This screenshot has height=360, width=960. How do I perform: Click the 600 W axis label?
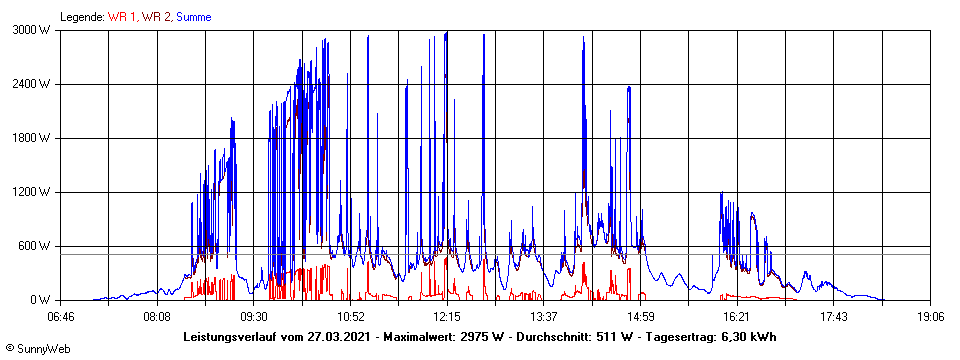[x=35, y=246]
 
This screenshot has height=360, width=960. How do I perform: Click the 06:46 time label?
[x=60, y=317]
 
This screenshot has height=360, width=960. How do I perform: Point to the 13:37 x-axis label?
[x=543, y=317]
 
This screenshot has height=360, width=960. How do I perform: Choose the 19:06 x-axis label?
[x=930, y=317]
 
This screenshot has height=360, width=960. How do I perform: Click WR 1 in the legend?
[x=124, y=17]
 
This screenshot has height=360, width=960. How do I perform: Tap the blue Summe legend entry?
[x=194, y=17]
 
